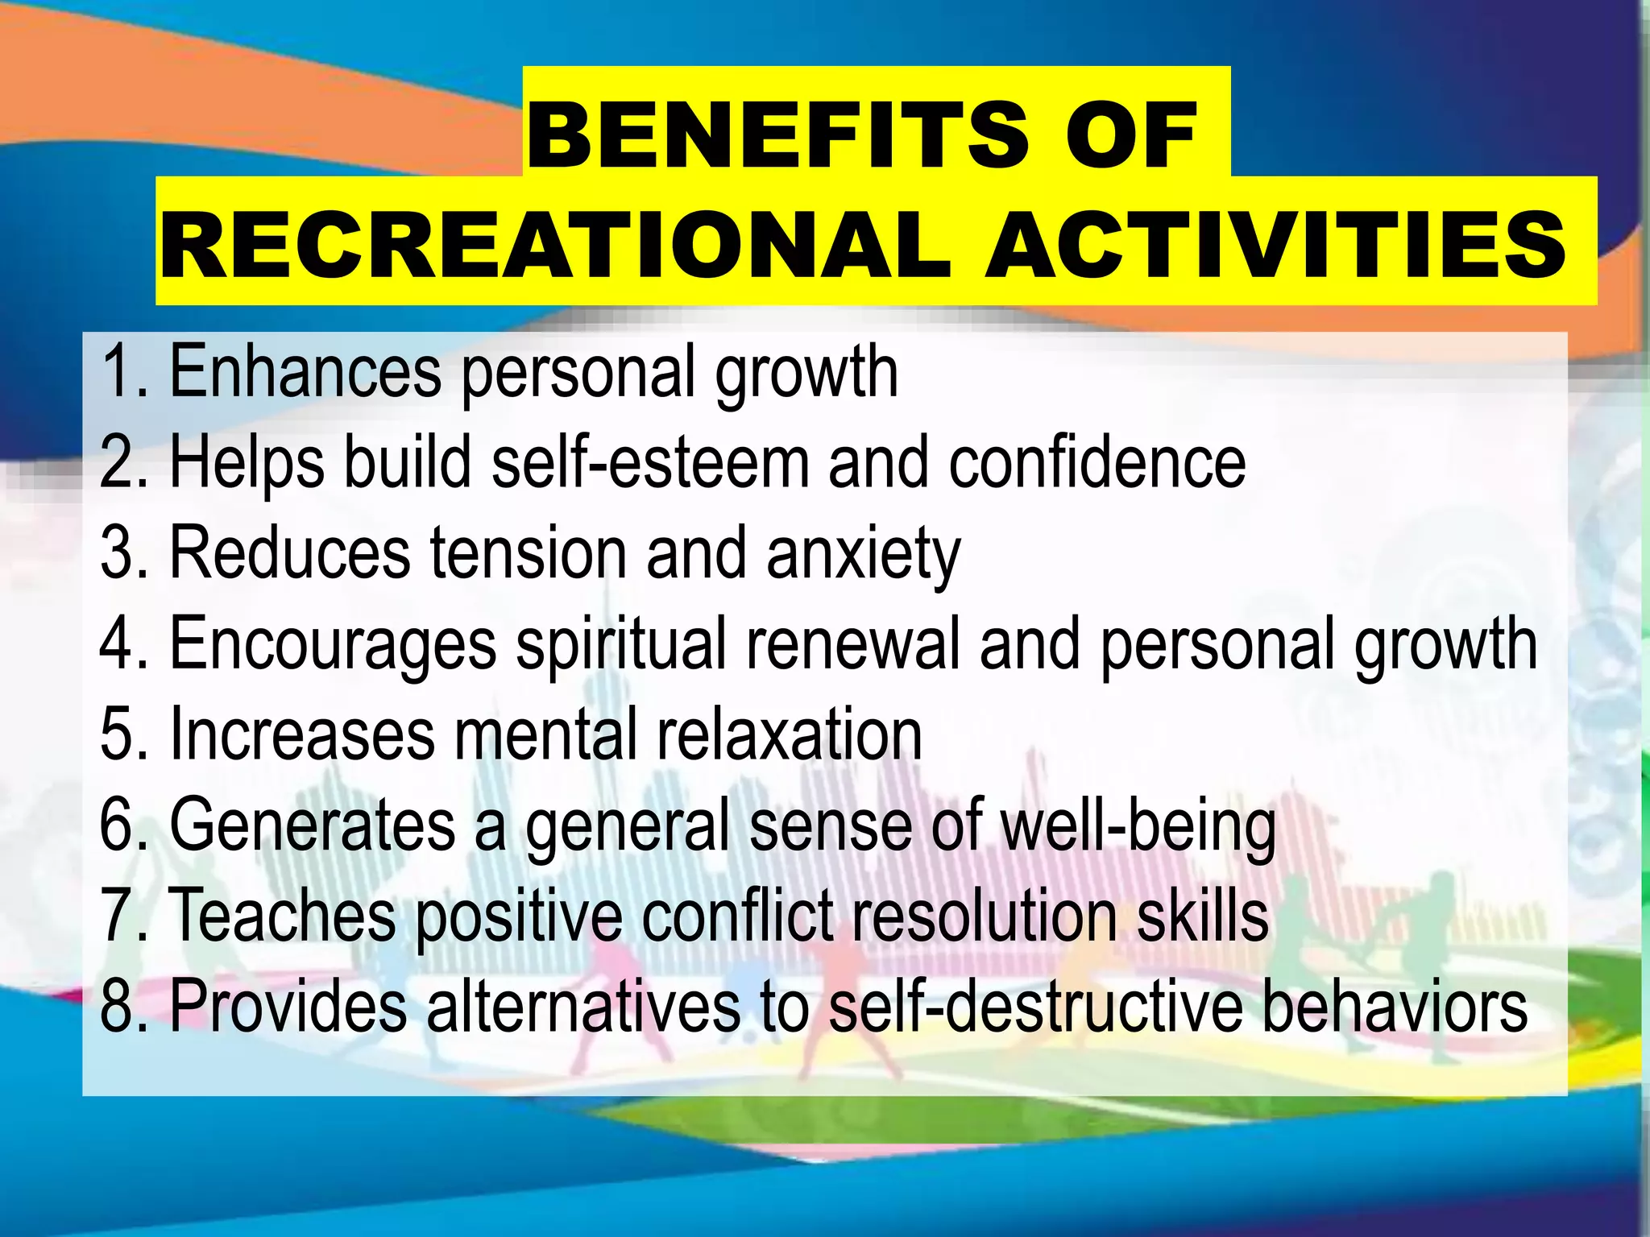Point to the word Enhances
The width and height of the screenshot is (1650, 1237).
click(x=305, y=371)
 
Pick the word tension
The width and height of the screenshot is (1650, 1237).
click(x=529, y=553)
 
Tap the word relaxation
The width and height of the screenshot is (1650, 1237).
click(x=790, y=734)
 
